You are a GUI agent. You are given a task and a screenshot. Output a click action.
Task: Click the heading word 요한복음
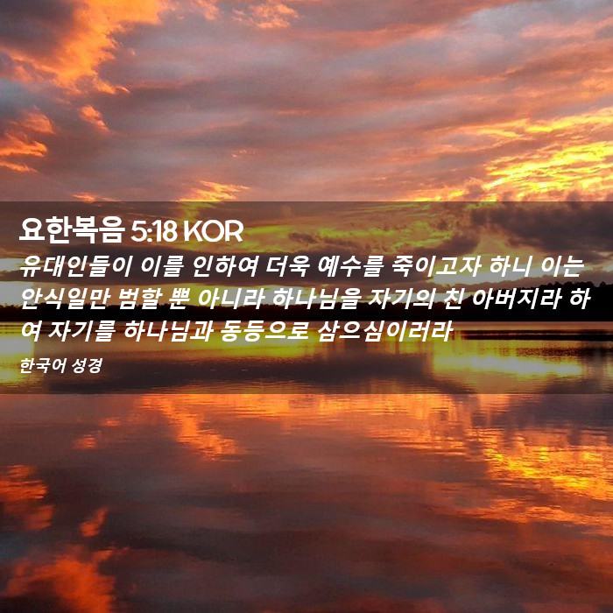click(72, 230)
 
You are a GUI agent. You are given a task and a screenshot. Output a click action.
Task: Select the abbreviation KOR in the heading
click(214, 231)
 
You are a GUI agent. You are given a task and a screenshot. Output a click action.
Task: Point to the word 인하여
click(225, 266)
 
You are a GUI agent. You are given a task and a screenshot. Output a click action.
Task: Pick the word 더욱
click(288, 266)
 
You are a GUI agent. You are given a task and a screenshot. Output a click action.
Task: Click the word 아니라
click(230, 299)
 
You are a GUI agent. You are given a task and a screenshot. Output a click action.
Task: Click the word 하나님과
click(167, 331)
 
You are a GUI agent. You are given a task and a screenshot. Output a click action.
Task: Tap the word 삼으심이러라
click(384, 331)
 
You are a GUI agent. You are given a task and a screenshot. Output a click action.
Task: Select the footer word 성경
click(88, 365)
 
